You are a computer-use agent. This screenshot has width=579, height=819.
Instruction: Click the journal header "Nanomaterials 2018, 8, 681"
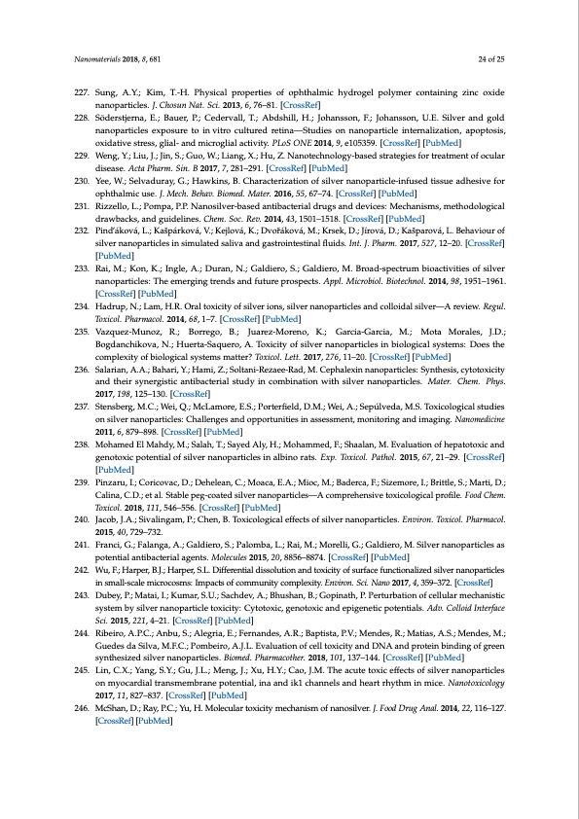(x=117, y=59)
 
